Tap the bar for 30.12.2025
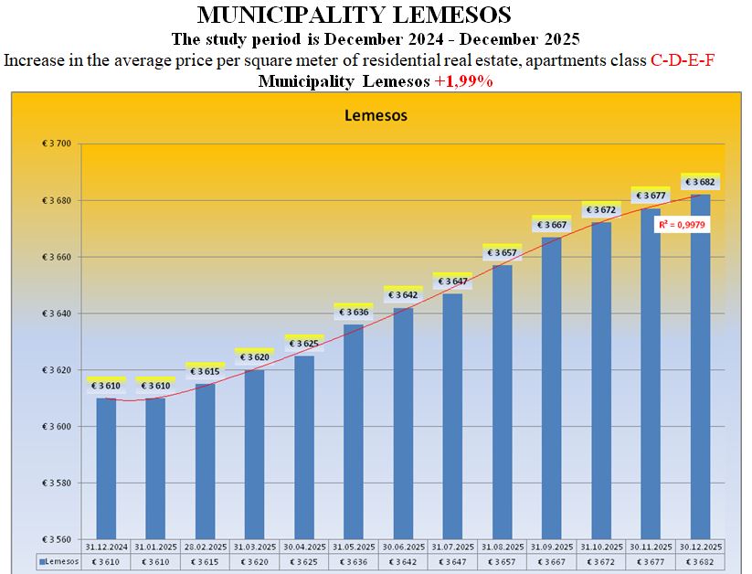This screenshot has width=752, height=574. (700, 366)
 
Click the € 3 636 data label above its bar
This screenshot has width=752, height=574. (353, 313)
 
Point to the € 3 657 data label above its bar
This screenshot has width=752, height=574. (502, 252)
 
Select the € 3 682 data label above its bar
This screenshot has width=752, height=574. (700, 182)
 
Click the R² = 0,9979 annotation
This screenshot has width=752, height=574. (683, 224)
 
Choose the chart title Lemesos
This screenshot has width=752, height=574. (376, 116)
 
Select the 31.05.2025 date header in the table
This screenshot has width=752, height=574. (353, 547)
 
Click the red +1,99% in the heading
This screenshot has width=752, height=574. (463, 81)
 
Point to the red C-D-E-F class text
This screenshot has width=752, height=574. (682, 60)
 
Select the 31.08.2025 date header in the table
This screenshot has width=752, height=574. (502, 547)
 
